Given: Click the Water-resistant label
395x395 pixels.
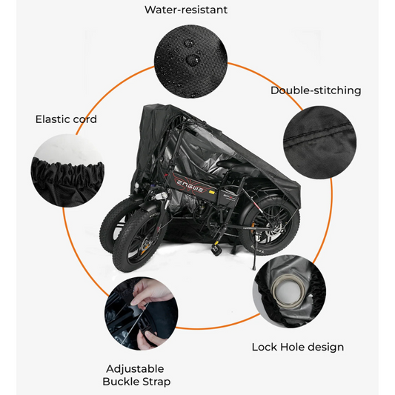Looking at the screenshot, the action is pos(186,10).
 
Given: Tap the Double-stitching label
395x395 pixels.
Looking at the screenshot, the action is pos(316,90).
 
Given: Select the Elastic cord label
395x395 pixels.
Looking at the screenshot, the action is pos(66,119).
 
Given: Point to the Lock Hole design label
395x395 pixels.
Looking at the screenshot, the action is pos(298,347).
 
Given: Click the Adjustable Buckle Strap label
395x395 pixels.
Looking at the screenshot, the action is pos(136,375).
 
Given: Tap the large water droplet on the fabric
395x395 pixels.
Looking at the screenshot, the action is pos(193,60).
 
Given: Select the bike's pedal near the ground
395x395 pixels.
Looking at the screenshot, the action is pos(215,250).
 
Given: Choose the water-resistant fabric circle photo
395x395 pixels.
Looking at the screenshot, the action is pos(190,62).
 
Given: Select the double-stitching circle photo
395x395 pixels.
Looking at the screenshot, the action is pos(320,142).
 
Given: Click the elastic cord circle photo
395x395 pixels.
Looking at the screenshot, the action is pos(67,170).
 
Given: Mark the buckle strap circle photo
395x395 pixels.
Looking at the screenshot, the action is pos(142,313).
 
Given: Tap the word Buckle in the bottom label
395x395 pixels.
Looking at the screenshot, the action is pos(120,382).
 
